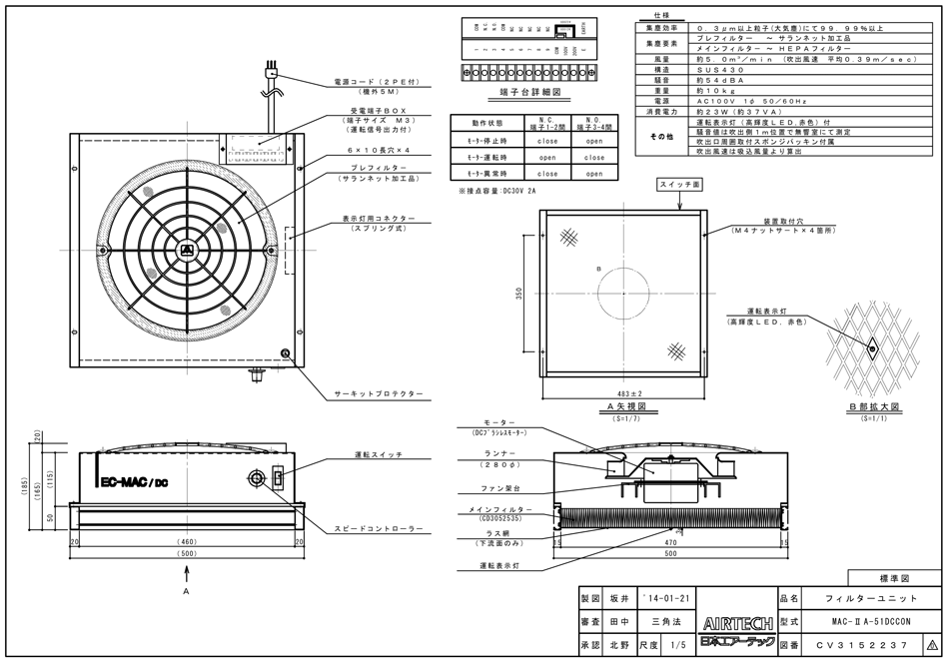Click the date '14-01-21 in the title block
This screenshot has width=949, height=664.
[665, 598]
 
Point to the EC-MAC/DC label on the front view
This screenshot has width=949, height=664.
[134, 483]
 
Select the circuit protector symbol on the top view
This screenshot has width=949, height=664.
[286, 353]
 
